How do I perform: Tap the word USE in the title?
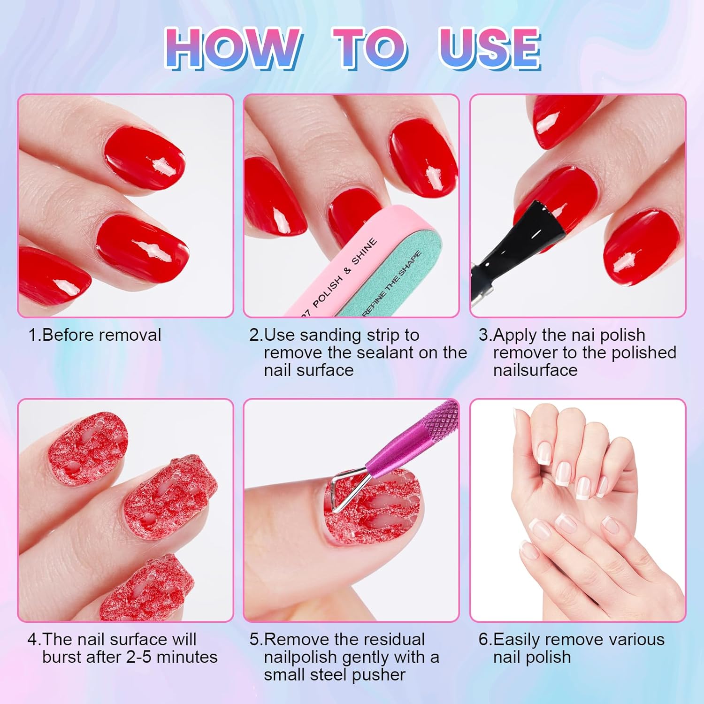coord(489,48)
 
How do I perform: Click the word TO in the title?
coord(370,48)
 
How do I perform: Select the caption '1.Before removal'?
coord(95,335)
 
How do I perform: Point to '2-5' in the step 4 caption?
coord(139,657)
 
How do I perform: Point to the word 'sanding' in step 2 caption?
coord(330,335)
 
